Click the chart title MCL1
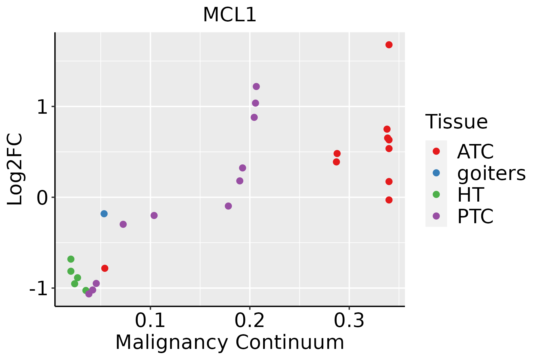click(229, 15)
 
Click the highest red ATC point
click(389, 45)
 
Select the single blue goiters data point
click(104, 214)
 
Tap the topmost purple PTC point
click(256, 86)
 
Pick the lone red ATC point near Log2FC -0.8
click(105, 268)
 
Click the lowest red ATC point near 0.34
click(389, 200)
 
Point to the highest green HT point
click(71, 259)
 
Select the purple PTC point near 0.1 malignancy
click(154, 215)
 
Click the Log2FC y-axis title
click(15, 169)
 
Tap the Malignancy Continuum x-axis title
click(229, 343)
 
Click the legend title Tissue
click(456, 122)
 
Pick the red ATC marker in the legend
click(436, 151)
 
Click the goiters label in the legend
click(491, 173)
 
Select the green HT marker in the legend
click(436, 194)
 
